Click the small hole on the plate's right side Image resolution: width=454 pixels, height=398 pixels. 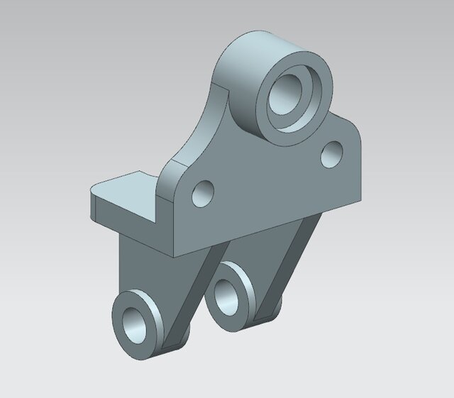click(x=331, y=154)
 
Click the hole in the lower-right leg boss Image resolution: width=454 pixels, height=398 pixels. click(x=228, y=294)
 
